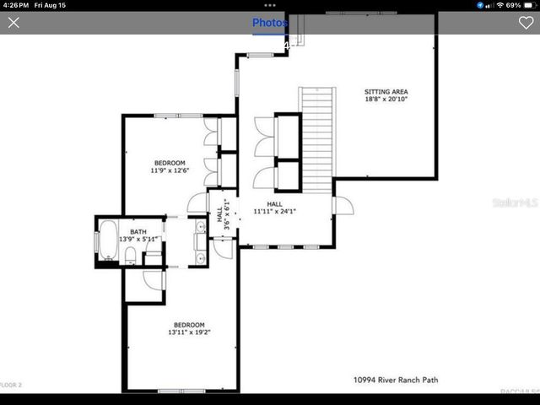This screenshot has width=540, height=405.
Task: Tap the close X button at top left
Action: click(13, 23)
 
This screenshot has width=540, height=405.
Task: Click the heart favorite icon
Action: click(526, 23)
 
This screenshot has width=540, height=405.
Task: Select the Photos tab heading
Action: click(270, 23)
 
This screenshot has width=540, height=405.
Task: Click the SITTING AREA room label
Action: click(386, 91)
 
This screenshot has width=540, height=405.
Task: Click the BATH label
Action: click(138, 230)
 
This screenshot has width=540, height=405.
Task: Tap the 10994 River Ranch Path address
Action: click(396, 381)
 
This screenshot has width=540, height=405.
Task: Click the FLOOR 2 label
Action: click(11, 385)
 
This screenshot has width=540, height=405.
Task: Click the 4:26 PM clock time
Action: click(15, 5)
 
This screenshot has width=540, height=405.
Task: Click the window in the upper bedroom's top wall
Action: click(178, 115)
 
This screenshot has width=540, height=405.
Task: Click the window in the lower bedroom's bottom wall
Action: click(181, 391)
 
